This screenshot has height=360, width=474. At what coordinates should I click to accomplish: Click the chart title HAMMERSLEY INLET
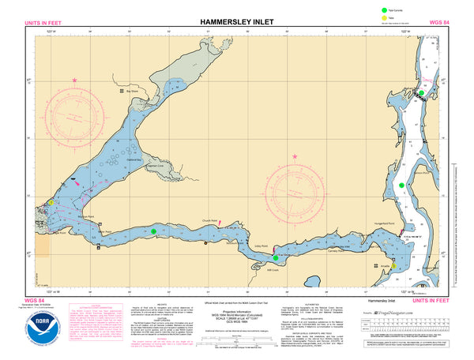point(237,21)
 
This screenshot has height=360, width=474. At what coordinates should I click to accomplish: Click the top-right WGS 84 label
point(439,22)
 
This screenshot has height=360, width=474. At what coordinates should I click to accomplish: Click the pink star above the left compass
point(75,81)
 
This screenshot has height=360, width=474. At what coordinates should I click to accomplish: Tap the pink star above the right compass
point(295,156)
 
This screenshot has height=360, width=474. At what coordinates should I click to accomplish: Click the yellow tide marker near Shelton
point(51,203)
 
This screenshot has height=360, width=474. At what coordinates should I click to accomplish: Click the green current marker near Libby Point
point(276,257)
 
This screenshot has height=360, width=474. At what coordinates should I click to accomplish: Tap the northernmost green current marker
point(422,93)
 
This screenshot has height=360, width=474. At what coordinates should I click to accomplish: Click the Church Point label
point(209,220)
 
